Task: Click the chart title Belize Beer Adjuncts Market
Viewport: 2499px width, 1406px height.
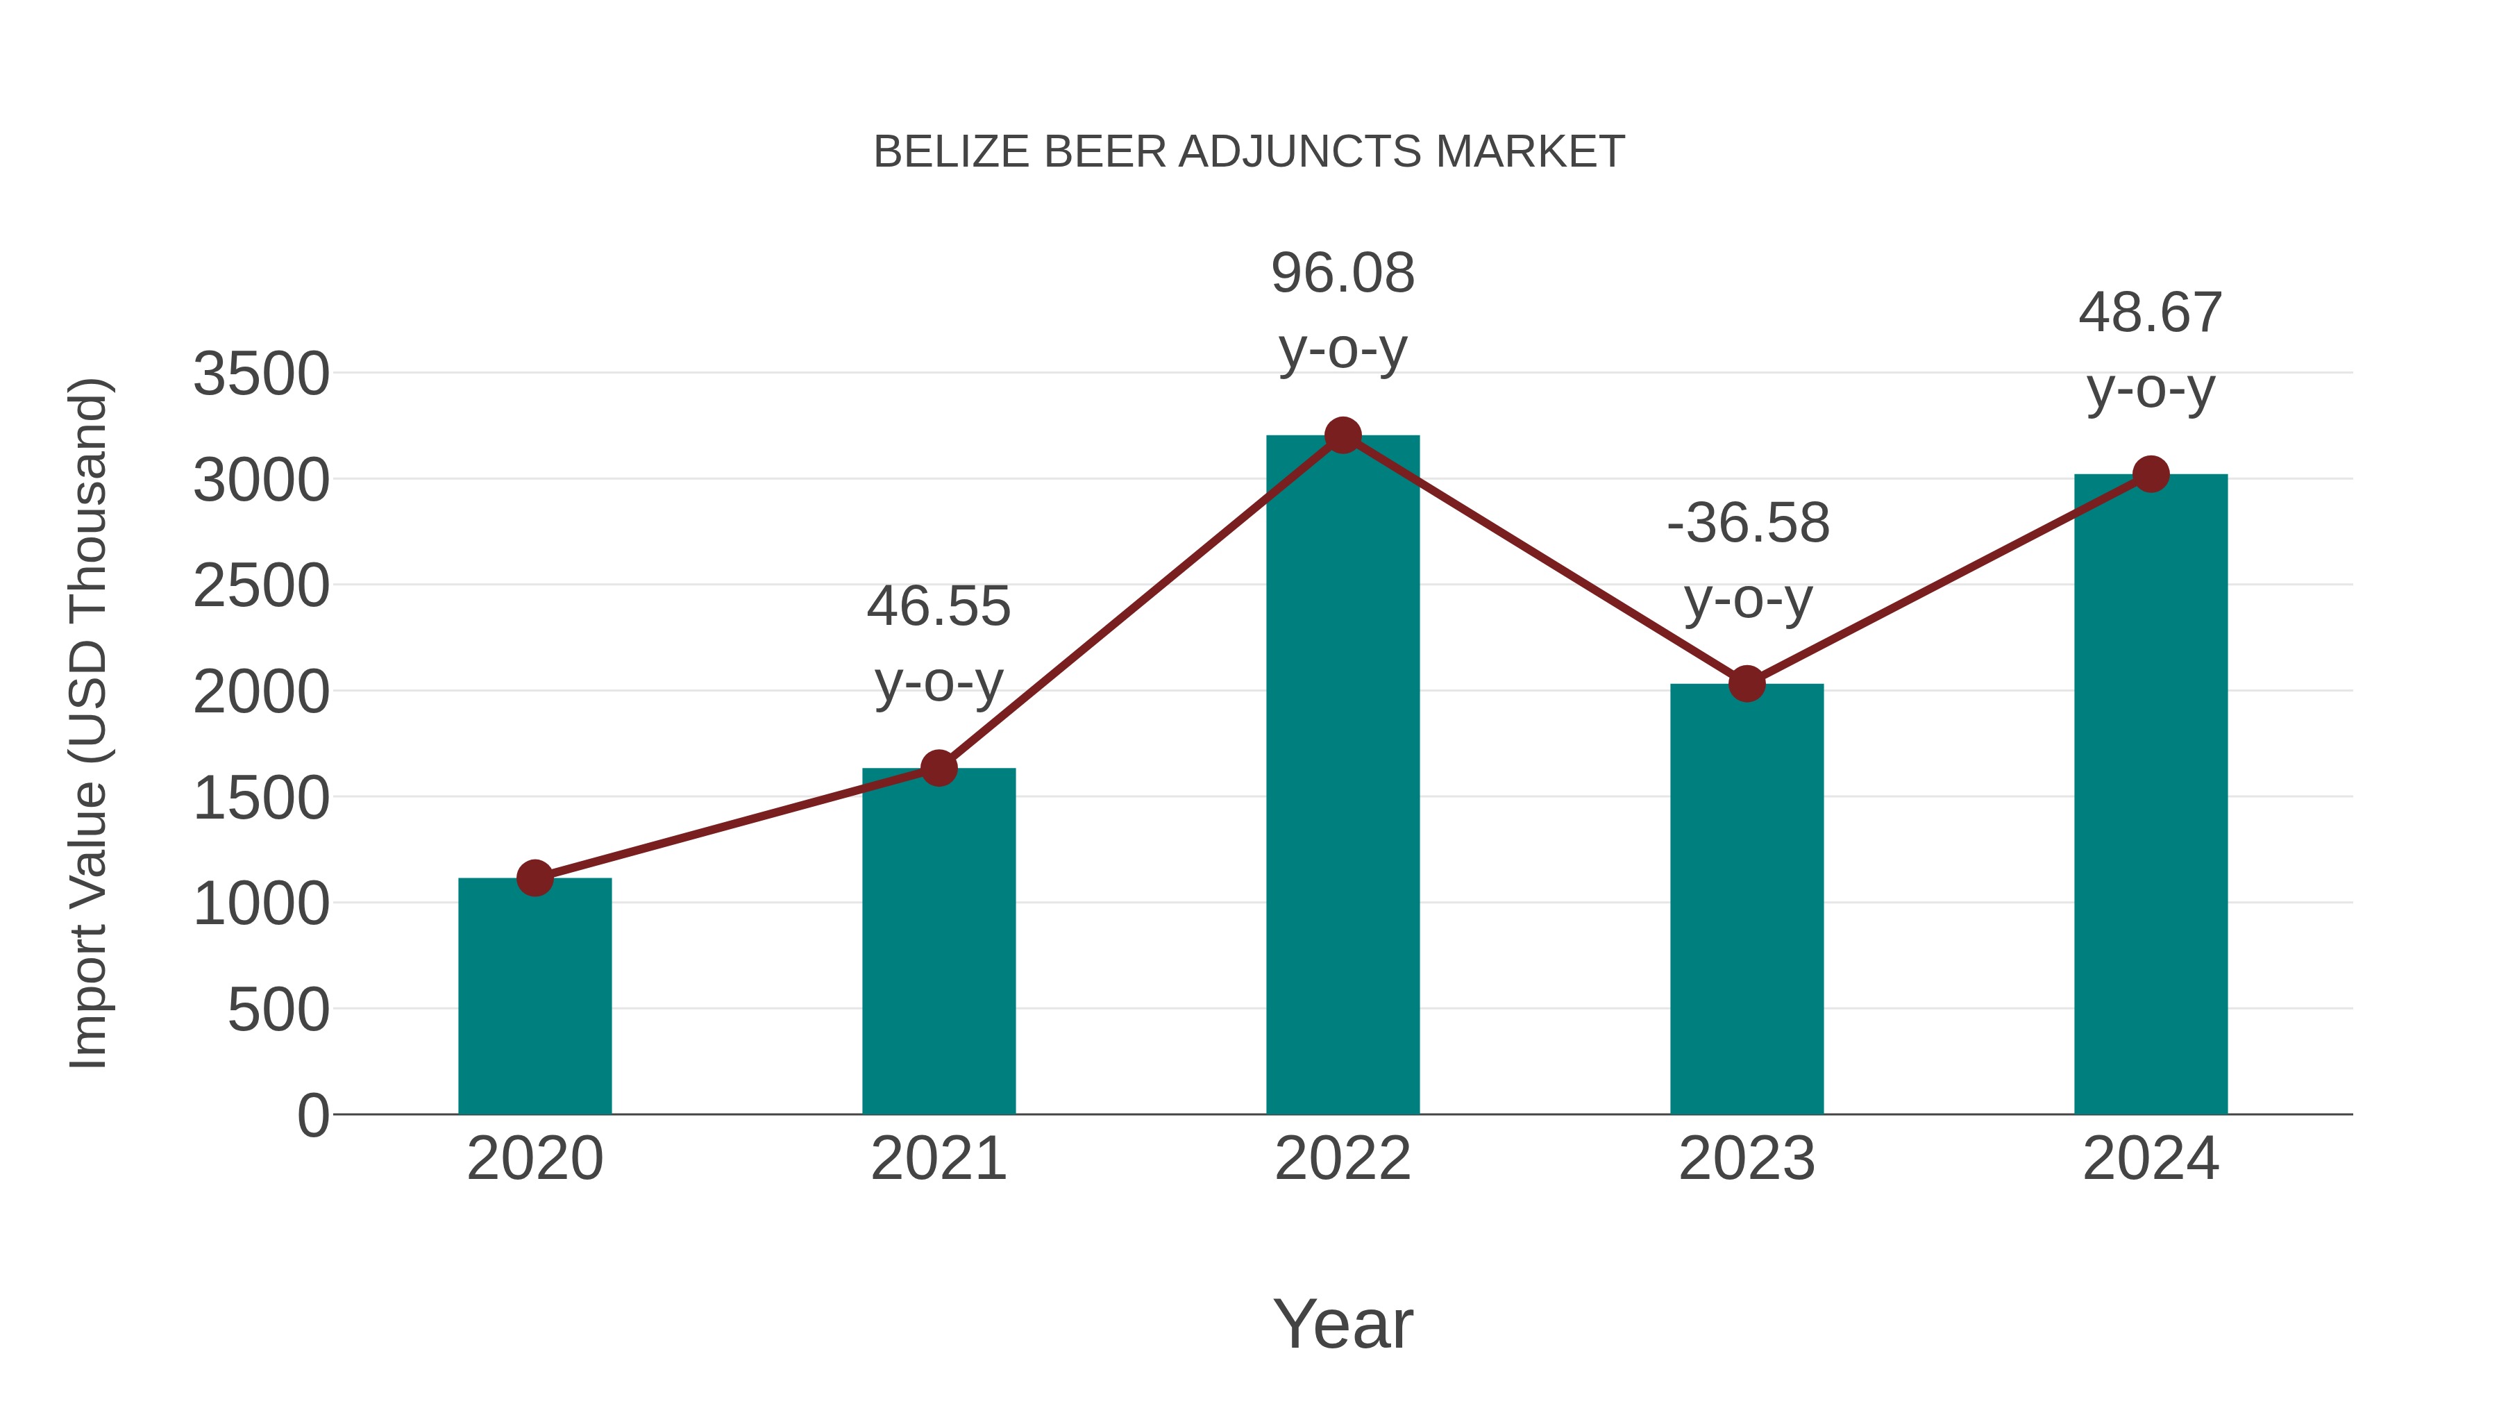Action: tap(1249, 152)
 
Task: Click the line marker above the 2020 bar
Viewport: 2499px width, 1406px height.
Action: tap(535, 878)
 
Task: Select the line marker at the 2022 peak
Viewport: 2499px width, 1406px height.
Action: tap(1343, 435)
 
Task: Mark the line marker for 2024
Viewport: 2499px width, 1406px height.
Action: tap(2151, 474)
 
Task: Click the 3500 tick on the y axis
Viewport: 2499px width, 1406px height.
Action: tap(261, 374)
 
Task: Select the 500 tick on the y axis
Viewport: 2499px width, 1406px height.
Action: tap(278, 1010)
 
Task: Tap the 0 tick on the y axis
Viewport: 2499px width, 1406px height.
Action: tap(313, 1116)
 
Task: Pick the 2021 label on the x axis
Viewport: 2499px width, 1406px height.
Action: tap(938, 1159)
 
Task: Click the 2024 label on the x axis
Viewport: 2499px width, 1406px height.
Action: tap(2150, 1159)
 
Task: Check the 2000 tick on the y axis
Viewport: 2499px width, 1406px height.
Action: tap(261, 693)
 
